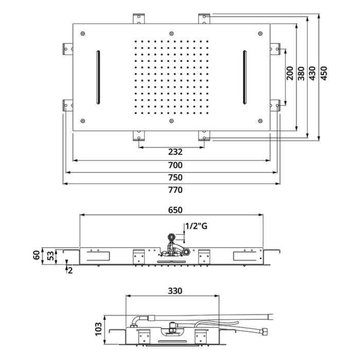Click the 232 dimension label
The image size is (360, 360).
point(175,152)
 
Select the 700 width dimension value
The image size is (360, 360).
point(175,165)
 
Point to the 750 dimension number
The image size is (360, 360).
point(175,177)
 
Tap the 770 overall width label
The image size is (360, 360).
point(175,190)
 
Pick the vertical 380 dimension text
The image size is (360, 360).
point(301,74)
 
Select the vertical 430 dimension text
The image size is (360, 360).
point(312,74)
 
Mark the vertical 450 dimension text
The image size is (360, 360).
point(323,74)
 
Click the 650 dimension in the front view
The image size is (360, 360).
point(175,210)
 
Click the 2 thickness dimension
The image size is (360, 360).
point(70,270)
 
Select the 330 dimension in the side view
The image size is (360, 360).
point(175,291)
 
